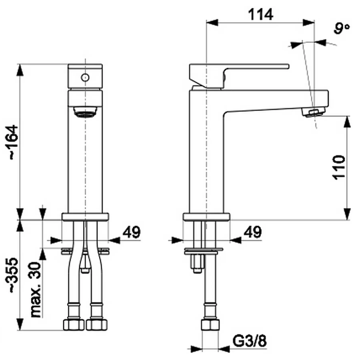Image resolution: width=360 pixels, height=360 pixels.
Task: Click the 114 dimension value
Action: tap(260, 14)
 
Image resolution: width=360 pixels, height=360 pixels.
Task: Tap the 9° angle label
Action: tap(342, 28)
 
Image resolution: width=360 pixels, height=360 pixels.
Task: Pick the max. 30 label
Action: tap(36, 290)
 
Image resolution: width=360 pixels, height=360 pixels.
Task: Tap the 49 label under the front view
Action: tap(131, 232)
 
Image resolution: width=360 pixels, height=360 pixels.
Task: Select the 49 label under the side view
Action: tap(252, 232)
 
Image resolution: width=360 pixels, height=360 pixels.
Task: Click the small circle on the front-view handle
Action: tap(85, 78)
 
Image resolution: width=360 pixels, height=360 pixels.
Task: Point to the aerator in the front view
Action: tap(85, 112)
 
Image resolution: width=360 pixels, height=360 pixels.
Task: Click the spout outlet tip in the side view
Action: tap(313, 112)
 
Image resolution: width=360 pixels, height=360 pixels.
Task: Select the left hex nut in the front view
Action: tap(74, 324)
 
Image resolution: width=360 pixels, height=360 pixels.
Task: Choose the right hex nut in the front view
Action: tap(97, 324)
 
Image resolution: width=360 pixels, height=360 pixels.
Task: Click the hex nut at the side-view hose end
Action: tap(210, 324)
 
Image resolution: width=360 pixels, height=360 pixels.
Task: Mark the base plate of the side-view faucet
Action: tap(206, 217)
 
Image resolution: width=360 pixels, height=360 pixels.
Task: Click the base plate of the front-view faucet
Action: tap(85, 217)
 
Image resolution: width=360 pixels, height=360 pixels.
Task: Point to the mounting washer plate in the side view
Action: tap(204, 251)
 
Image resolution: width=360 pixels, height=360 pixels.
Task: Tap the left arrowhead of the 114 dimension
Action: tap(212, 22)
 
